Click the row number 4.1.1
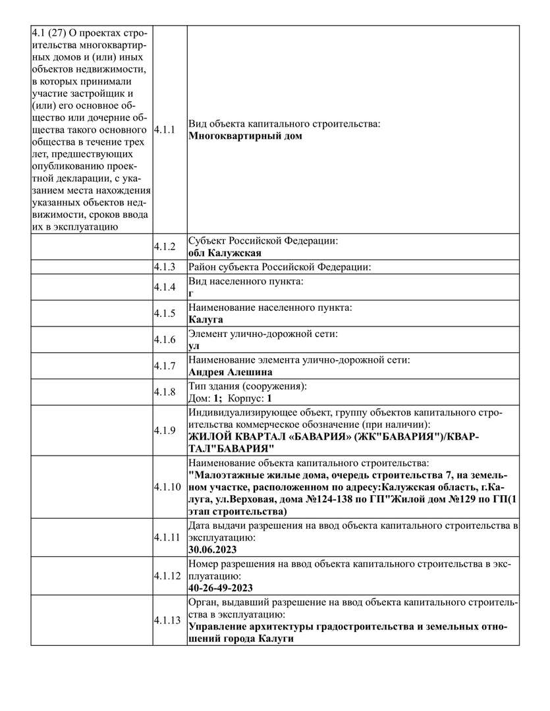164,130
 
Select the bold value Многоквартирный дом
245,136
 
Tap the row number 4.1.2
164,247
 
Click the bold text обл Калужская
225,253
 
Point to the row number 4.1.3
164,267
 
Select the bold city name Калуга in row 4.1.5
206,319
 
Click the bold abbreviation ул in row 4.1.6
194,346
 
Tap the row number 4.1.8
164,392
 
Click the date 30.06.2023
212,549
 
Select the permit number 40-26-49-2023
220,588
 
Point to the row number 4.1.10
167,488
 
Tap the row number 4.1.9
164,431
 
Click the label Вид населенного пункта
246,281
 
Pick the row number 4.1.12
167,575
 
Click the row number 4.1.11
167,537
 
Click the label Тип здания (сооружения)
248,386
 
